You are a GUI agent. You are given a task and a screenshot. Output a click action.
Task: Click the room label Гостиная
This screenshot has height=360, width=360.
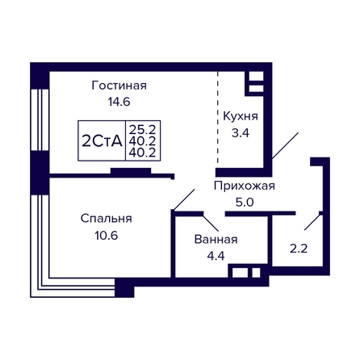(x=119, y=86)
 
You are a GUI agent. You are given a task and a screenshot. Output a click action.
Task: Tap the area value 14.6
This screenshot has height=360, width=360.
(x=119, y=102)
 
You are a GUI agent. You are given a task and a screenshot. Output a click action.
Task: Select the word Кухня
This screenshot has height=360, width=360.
(x=241, y=116)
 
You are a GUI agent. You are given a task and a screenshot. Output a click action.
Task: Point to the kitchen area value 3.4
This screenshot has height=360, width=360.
(x=241, y=133)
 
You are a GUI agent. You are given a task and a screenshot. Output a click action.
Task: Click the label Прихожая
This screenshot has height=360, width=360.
(x=245, y=186)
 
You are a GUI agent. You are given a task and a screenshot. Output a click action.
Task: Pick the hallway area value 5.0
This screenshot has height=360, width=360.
(x=245, y=202)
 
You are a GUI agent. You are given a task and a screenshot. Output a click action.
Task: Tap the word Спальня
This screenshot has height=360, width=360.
(x=107, y=219)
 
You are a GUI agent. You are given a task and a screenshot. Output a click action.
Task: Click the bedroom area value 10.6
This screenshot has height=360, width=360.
(x=107, y=236)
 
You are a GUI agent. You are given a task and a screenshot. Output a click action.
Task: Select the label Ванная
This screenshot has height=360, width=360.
(x=216, y=239)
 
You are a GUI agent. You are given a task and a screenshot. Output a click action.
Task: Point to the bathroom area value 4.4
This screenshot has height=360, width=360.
(x=216, y=256)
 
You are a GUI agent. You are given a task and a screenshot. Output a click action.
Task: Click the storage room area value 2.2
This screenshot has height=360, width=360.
(x=299, y=249)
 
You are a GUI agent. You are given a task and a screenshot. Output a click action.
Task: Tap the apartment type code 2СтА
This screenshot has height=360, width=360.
(x=102, y=141)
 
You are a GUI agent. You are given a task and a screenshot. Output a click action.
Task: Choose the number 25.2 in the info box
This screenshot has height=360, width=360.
(x=143, y=130)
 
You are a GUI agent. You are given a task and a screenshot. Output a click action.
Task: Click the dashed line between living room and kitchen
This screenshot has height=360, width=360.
(x=218, y=117)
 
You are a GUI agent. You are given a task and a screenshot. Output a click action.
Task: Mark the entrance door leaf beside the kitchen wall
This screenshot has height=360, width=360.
(x=285, y=145)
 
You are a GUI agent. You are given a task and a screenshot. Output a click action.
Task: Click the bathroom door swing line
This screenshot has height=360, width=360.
(x=211, y=222)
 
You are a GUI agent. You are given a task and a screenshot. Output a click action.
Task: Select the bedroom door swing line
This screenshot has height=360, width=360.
(x=184, y=199)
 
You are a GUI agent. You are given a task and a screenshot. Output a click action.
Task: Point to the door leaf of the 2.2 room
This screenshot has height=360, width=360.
(x=312, y=222)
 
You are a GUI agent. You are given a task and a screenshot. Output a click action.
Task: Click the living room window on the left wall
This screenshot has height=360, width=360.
(x=40, y=119)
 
